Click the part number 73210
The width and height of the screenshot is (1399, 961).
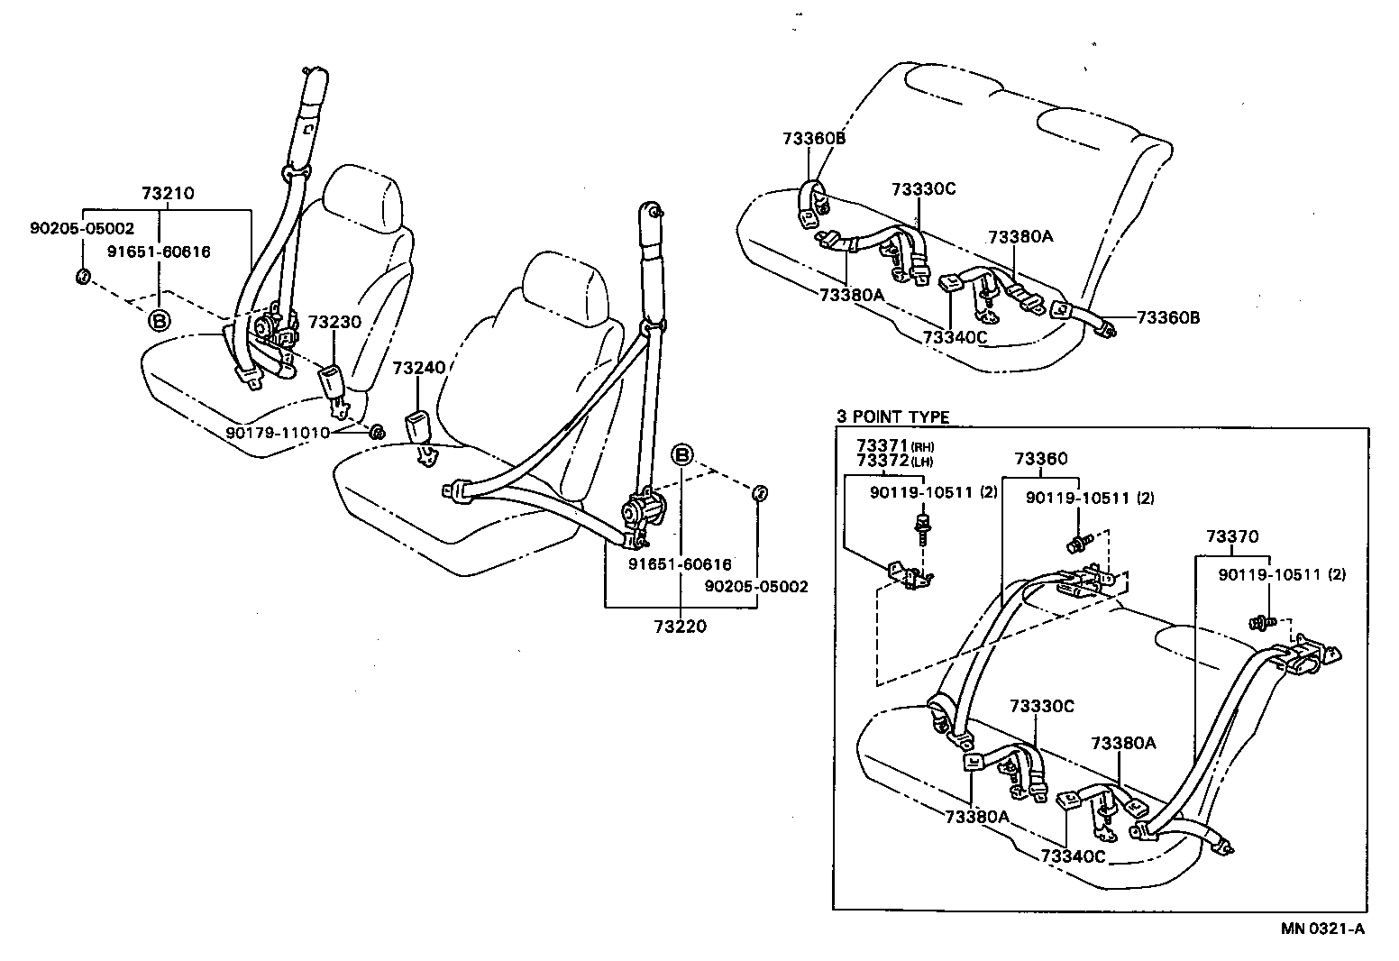(x=167, y=193)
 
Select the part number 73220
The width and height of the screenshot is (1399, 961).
(x=681, y=626)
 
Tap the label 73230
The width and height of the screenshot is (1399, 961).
(x=334, y=322)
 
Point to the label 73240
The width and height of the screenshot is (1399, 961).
(x=419, y=368)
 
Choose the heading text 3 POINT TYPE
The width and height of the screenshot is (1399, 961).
(x=892, y=416)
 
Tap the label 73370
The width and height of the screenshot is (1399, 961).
(x=1233, y=536)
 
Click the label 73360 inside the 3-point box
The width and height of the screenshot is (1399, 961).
(x=1040, y=459)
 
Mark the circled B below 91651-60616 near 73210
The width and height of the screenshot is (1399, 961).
(x=159, y=321)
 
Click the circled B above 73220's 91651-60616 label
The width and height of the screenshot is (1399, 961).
(x=682, y=454)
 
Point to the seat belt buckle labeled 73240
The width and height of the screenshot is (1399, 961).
(x=419, y=429)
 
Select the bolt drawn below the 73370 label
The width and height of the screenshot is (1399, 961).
(x=1260, y=622)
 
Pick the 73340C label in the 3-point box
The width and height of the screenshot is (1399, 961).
(x=1072, y=855)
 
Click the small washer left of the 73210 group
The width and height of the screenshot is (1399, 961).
(x=81, y=276)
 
